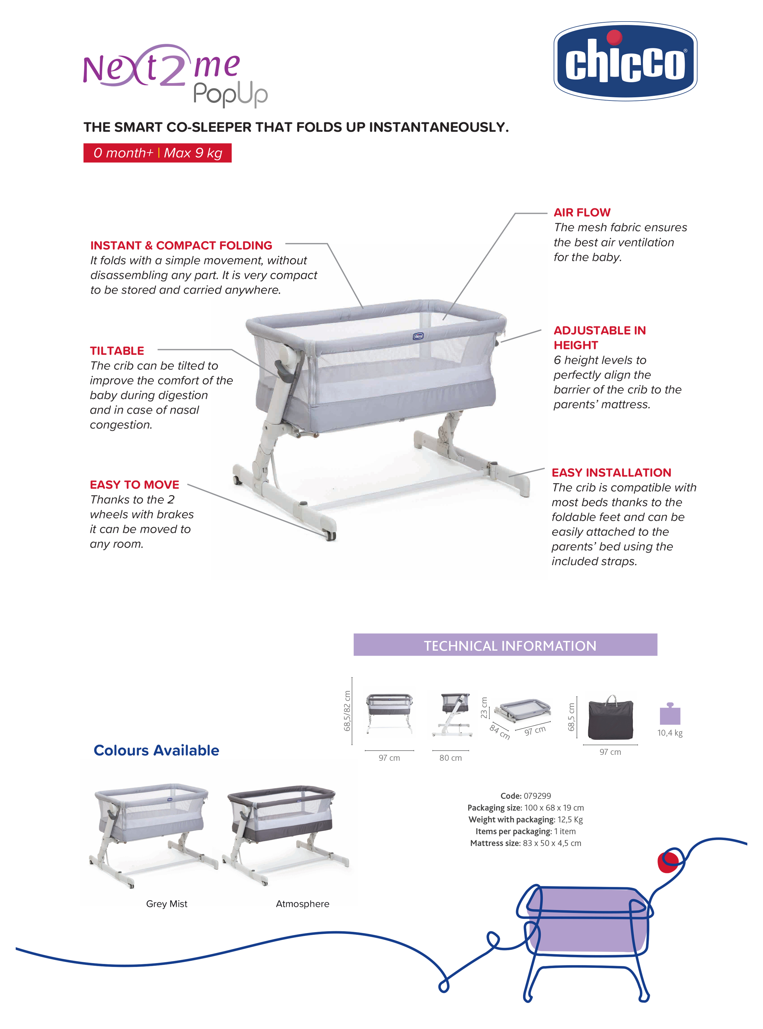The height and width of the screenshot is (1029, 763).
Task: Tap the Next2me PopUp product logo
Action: tap(175, 75)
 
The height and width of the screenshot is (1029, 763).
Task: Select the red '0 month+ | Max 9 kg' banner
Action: tap(158, 153)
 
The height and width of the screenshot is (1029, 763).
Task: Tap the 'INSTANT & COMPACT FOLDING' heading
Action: tap(181, 245)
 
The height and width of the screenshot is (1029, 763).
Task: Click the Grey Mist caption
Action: tap(167, 904)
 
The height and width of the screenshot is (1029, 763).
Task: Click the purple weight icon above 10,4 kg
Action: tap(670, 714)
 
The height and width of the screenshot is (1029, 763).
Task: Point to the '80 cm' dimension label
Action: tap(450, 758)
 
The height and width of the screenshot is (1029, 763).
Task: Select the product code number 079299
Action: tap(537, 796)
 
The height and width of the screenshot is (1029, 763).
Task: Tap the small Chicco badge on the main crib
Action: tap(418, 336)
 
